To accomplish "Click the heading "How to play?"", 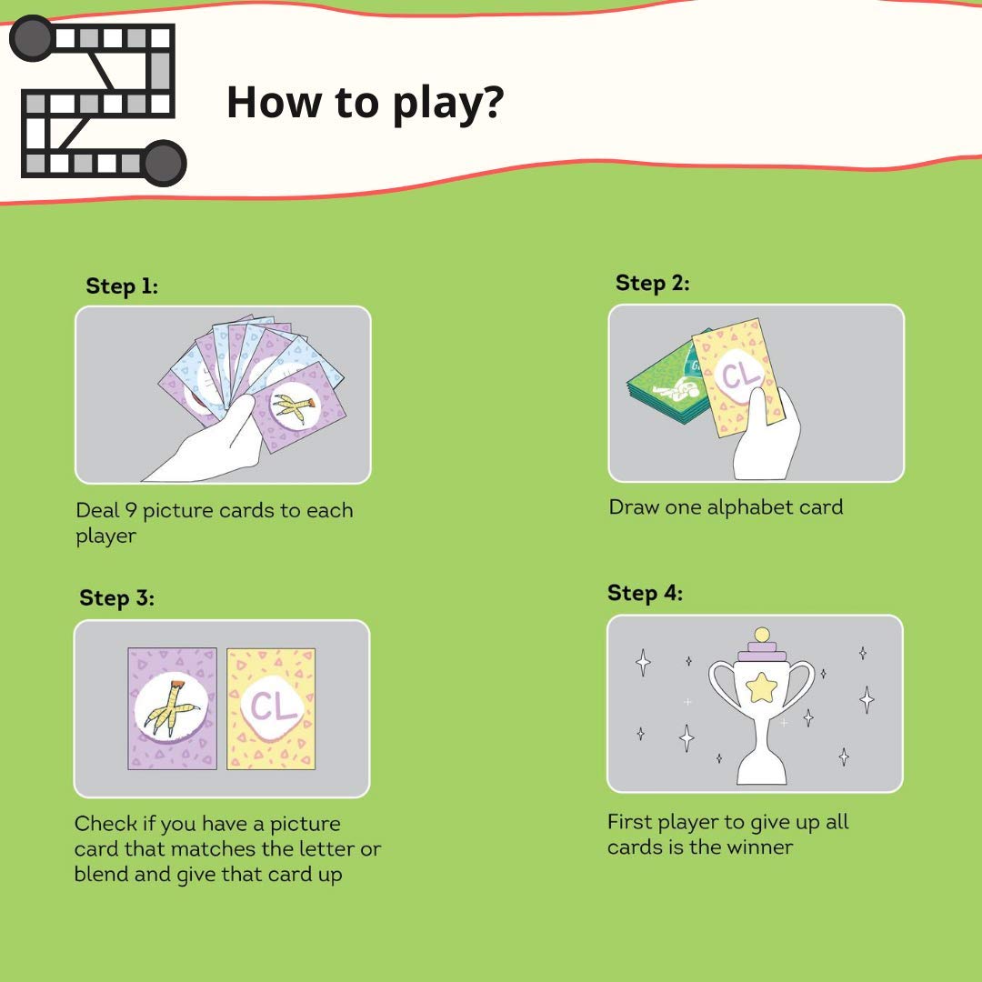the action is [x=366, y=103].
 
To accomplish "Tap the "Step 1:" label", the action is [x=122, y=286].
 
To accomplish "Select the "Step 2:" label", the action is [x=653, y=283].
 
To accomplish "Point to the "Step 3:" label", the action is [x=116, y=597].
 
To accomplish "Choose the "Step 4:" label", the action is [x=645, y=593].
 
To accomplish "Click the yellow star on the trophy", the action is [x=762, y=687].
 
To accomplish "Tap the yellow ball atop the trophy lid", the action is [x=762, y=635].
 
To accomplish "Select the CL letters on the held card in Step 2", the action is [x=742, y=376].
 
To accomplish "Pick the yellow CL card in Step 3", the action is [x=271, y=708].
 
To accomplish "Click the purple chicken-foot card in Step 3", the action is [x=172, y=708].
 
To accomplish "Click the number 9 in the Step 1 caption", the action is [x=131, y=510].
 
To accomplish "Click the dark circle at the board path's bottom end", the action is [x=164, y=163].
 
